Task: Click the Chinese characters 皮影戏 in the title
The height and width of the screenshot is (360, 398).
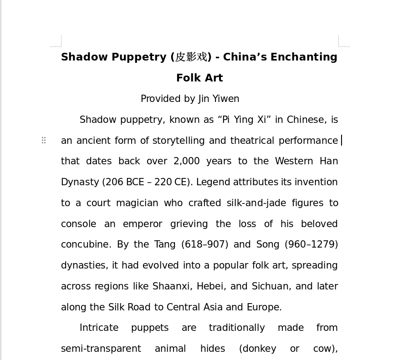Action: pyautogui.click(x=191, y=57)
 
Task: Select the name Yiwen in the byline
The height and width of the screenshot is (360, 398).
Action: pyautogui.click(x=226, y=99)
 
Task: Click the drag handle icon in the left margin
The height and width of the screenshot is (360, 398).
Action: pyautogui.click(x=44, y=140)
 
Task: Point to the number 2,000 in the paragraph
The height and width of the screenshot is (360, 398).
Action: pyautogui.click(x=186, y=162)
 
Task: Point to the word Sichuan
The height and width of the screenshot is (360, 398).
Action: pyautogui.click(x=270, y=287)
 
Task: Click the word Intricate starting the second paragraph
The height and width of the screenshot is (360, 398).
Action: pyautogui.click(x=99, y=328)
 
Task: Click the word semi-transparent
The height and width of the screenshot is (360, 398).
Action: pyautogui.click(x=101, y=349)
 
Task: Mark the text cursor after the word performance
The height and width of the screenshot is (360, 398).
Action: pyautogui.click(x=342, y=141)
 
